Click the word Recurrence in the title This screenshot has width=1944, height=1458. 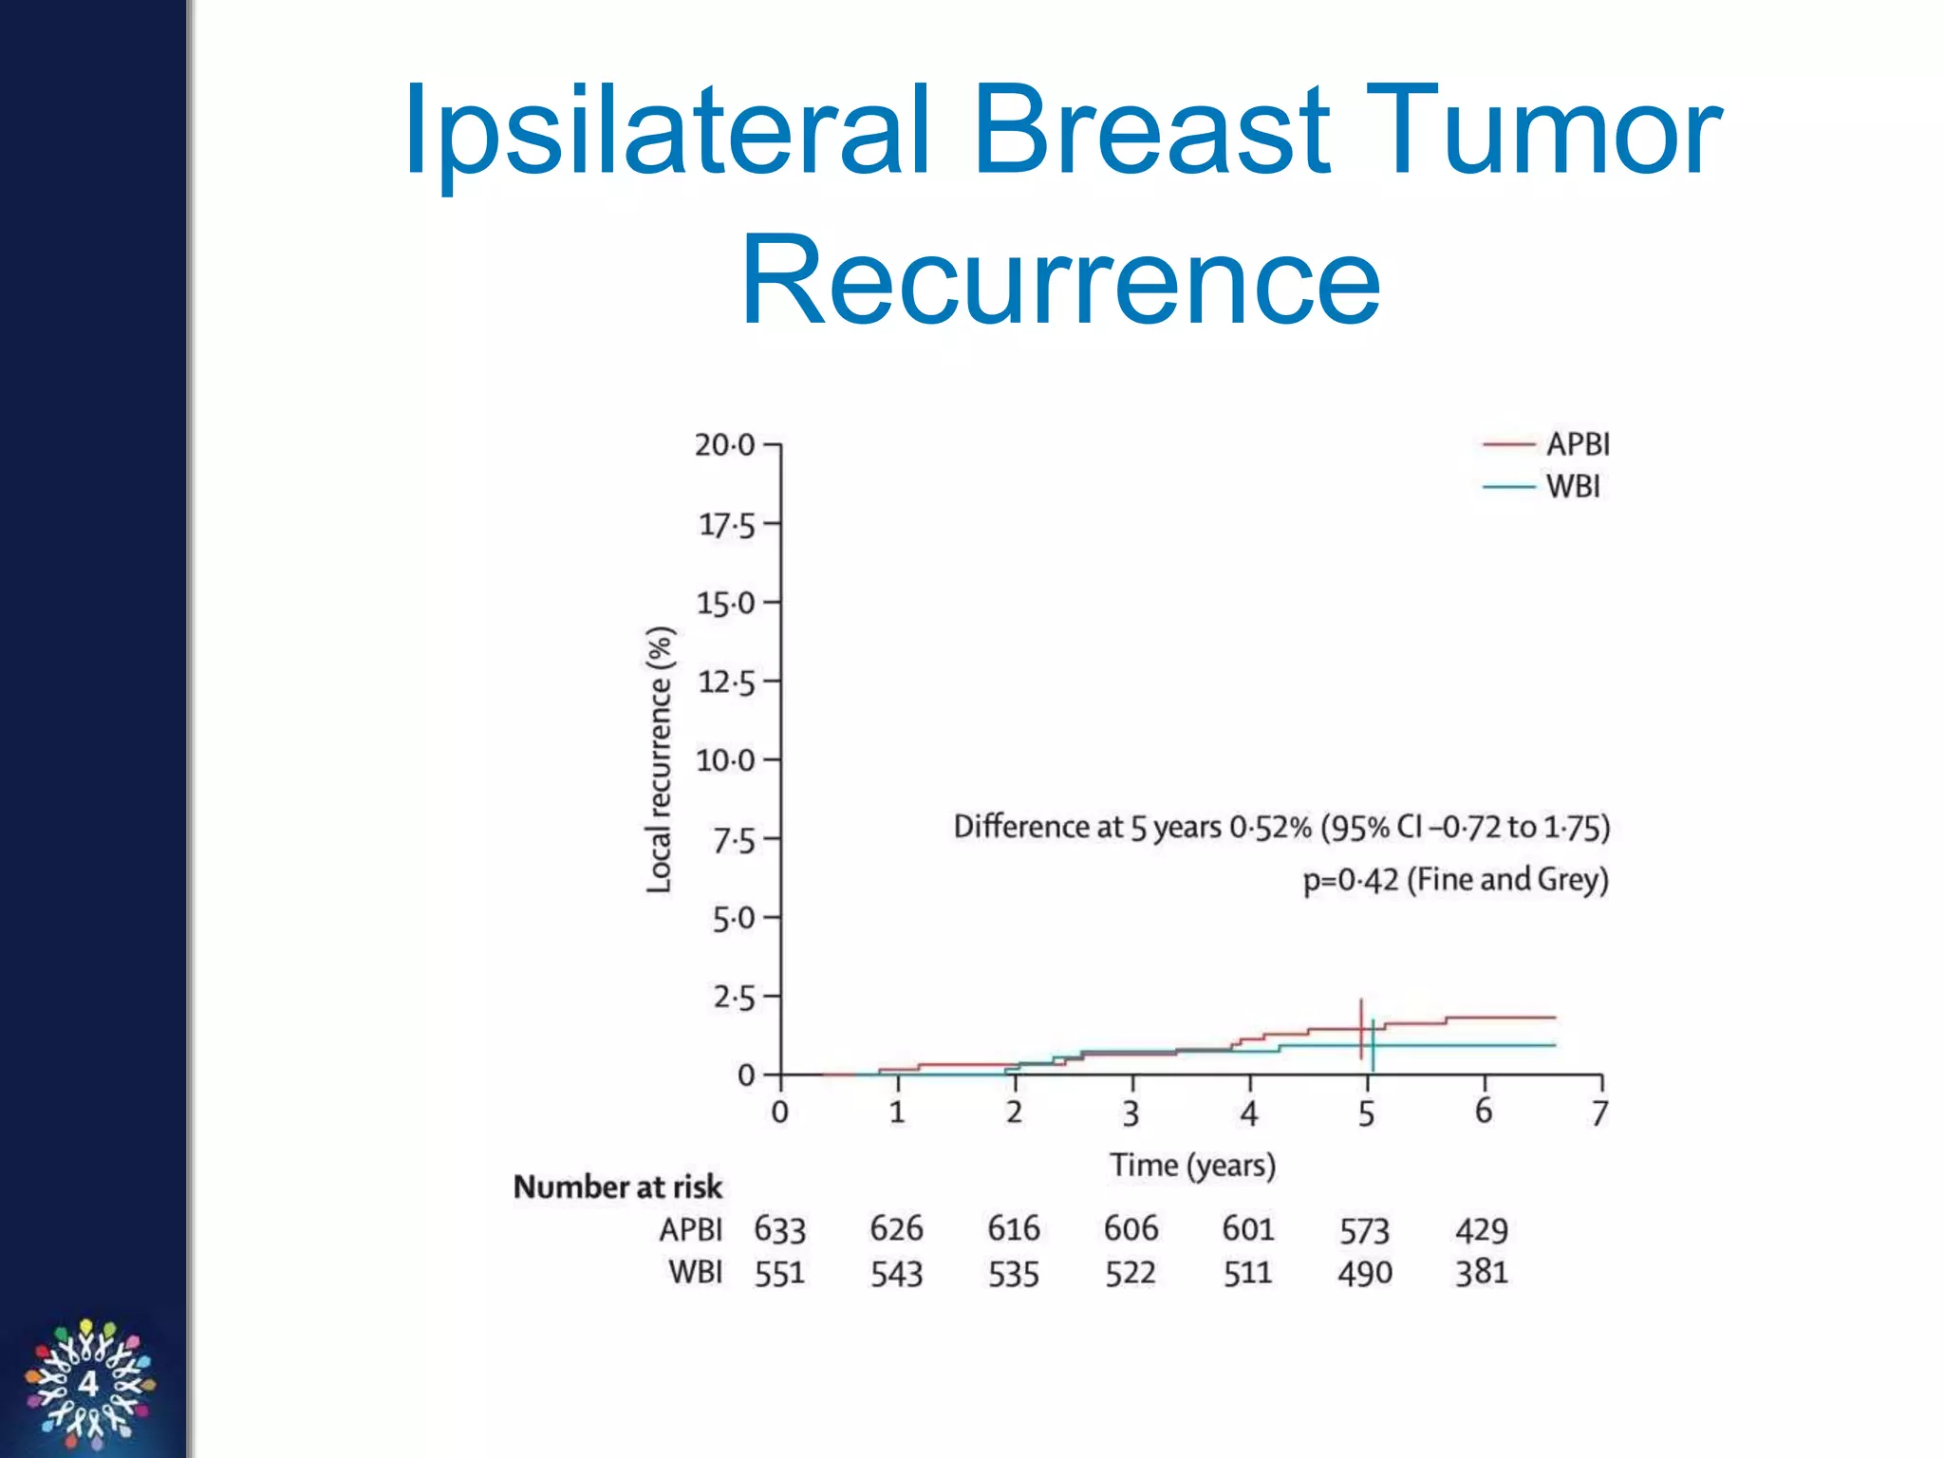pyautogui.click(x=1060, y=281)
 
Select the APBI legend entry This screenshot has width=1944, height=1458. pyautogui.click(x=1577, y=444)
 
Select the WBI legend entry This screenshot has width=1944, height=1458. pyautogui.click(x=1572, y=487)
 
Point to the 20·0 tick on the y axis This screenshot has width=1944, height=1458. pyautogui.click(x=725, y=444)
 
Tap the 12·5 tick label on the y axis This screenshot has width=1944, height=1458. pyautogui.click(x=727, y=682)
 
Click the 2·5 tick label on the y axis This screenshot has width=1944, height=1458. pyautogui.click(x=734, y=998)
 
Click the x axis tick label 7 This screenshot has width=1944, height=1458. pyautogui.click(x=1600, y=1112)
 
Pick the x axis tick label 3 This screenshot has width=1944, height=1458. pyautogui.click(x=1131, y=1112)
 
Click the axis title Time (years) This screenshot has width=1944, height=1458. pyautogui.click(x=1192, y=1165)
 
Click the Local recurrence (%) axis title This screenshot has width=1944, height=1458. pyautogui.click(x=659, y=759)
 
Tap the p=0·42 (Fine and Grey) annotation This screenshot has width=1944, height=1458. pyautogui.click(x=1455, y=880)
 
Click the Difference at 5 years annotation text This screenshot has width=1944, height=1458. pyautogui.click(x=1281, y=827)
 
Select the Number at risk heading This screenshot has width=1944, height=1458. pyautogui.click(x=617, y=1187)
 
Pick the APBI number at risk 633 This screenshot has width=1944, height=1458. pyautogui.click(x=779, y=1230)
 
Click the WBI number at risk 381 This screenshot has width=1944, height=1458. pyautogui.click(x=1482, y=1273)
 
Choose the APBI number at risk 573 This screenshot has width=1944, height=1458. pyautogui.click(x=1364, y=1231)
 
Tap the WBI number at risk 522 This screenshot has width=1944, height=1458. pyautogui.click(x=1131, y=1273)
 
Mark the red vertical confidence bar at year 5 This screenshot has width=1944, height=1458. pyautogui.click(x=1361, y=1029)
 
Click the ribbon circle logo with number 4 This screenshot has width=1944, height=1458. pyautogui.click(x=89, y=1384)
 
